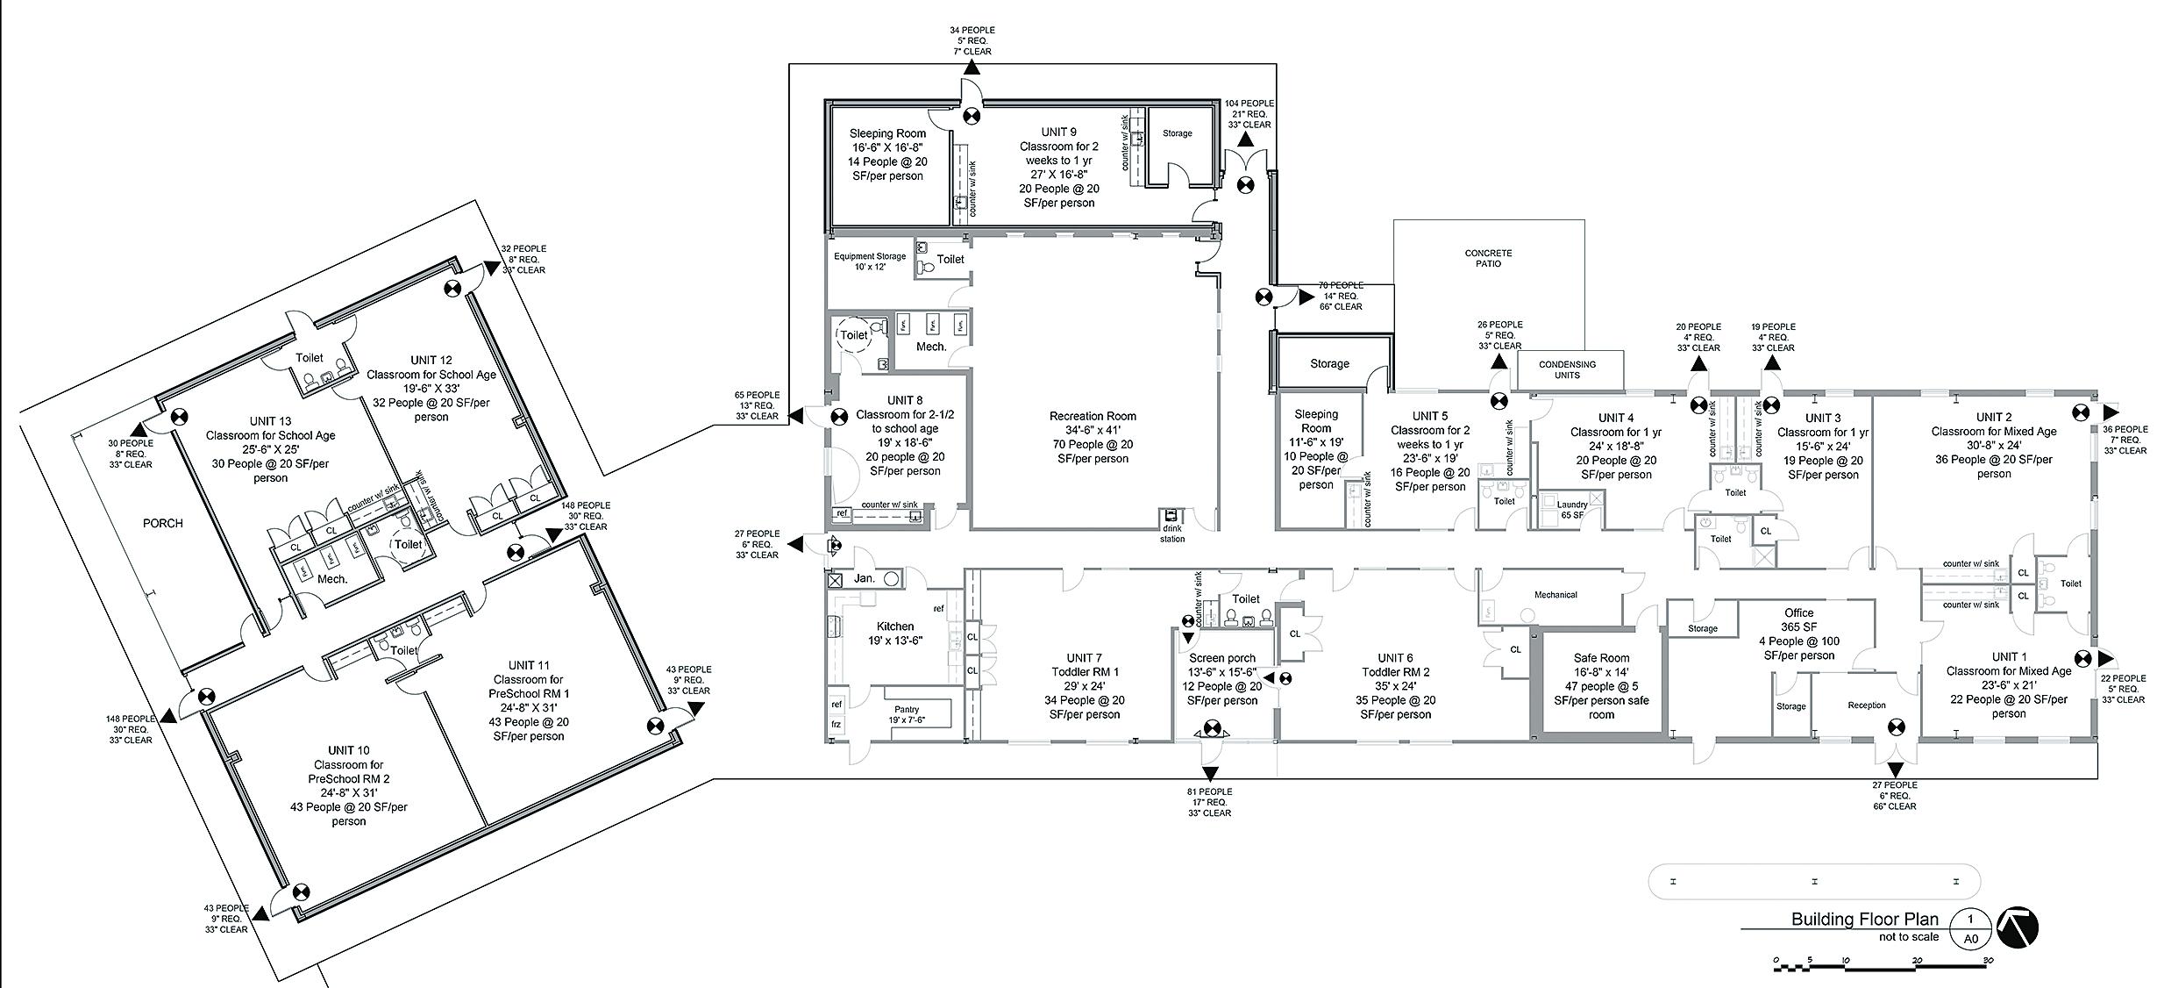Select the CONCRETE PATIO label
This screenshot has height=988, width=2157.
pos(1488,258)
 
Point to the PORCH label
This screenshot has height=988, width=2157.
pos(163,523)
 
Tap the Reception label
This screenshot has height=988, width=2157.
pos(1866,705)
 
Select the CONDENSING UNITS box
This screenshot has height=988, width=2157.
pos(1567,369)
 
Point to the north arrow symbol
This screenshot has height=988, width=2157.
pos(2017,927)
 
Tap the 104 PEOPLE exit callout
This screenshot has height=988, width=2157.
pos(1249,114)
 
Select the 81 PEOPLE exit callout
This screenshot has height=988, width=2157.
pos(1209,802)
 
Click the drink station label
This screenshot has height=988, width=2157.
pos(1172,533)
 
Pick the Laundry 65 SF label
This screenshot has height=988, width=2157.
pos(1572,510)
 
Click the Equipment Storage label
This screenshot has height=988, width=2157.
pos(869,261)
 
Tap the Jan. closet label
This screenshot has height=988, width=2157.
pos(865,579)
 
